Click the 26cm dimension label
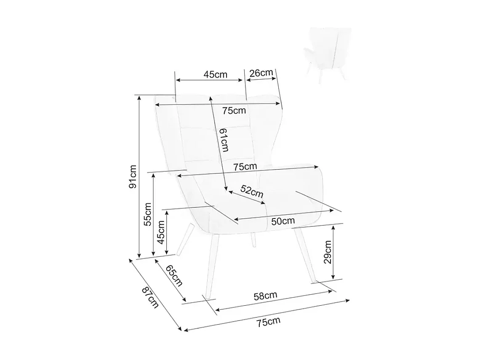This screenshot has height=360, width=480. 261,73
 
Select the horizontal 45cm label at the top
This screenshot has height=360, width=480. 215,75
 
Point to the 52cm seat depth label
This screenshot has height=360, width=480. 252,192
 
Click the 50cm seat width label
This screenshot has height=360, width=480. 283,221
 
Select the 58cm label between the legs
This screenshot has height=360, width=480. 265,296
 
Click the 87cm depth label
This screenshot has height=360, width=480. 150,297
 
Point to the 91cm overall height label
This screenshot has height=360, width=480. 133,176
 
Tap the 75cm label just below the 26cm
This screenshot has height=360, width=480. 234,110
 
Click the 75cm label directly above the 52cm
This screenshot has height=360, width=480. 245,166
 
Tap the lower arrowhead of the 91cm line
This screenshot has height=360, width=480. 139,256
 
